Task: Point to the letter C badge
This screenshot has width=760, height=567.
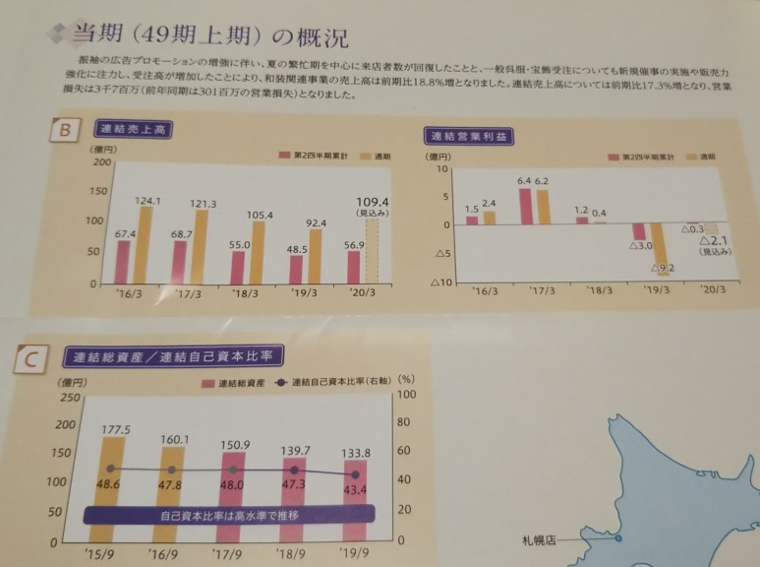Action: tap(29, 362)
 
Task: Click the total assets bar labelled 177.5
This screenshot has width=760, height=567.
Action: tap(123, 487)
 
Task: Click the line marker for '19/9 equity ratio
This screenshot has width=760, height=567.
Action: tap(355, 474)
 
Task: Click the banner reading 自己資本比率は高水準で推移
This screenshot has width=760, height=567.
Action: tap(229, 515)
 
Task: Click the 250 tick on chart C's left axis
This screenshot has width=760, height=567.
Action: tap(66, 397)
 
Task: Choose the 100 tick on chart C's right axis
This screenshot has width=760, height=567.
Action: tap(404, 397)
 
